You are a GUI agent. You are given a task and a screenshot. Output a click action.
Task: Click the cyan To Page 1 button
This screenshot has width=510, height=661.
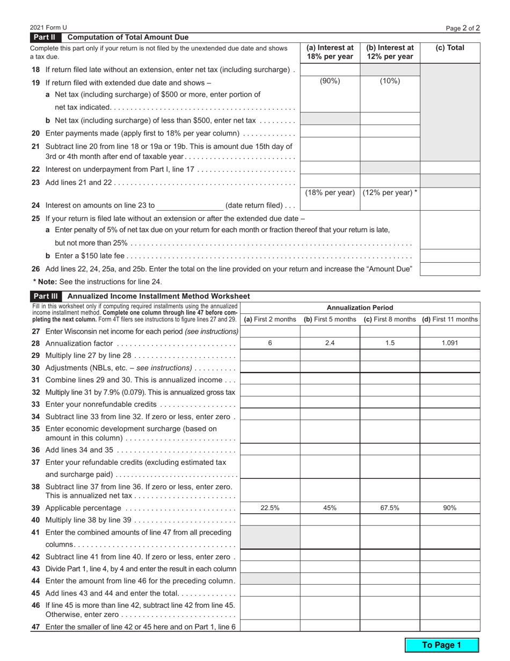[441, 645]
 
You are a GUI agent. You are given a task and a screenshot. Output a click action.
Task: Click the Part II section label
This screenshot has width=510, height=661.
[46, 38]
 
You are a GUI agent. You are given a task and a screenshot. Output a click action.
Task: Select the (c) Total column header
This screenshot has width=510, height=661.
[450, 48]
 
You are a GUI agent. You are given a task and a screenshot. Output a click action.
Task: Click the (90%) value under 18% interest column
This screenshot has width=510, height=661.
[330, 81]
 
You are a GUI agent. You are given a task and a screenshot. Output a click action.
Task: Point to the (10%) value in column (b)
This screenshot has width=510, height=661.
[390, 81]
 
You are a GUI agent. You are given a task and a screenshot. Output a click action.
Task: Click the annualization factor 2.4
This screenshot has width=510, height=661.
[330, 343]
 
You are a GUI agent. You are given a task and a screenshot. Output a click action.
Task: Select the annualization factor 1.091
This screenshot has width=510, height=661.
[449, 343]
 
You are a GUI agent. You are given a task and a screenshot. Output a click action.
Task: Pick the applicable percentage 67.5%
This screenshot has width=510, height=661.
[390, 508]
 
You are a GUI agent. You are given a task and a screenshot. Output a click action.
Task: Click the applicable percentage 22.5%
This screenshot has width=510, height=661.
[269, 508]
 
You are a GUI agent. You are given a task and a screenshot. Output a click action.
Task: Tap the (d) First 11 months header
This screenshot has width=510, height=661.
[449, 319]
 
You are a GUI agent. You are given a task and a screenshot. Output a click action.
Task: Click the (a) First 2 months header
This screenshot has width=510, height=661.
[269, 319]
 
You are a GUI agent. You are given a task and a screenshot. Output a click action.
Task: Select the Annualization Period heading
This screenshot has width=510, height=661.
[360, 308]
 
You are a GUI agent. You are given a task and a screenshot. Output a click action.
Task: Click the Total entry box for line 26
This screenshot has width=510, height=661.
[450, 269]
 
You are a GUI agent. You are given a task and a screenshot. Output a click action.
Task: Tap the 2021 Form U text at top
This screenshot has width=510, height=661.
[49, 27]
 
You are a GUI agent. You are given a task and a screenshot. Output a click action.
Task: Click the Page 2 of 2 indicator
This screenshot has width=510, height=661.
[463, 27]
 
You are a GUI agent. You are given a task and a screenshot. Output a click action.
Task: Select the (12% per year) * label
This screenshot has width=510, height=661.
[390, 192]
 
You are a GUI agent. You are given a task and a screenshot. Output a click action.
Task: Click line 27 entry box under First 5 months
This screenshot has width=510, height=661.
[330, 331]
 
